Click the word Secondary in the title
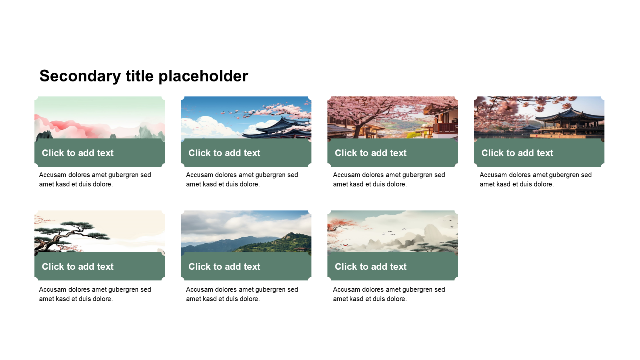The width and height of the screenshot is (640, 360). point(80,76)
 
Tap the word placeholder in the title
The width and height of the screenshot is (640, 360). point(203,76)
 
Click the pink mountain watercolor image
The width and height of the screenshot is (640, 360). point(100,117)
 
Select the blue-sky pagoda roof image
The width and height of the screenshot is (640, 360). point(246,117)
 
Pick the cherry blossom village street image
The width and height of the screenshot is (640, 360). point(393,117)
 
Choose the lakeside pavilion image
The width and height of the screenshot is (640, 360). point(539,117)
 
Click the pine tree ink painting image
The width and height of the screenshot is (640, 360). point(100,231)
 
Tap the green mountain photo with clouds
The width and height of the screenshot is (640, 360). point(246,231)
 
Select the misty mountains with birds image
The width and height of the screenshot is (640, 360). point(393,231)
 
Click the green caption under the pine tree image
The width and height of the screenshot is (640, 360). point(100,266)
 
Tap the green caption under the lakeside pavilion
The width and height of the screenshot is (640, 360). point(539,153)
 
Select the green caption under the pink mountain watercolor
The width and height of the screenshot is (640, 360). point(100,153)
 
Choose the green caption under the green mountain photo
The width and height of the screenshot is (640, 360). point(246,266)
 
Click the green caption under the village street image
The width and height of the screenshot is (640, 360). point(393,153)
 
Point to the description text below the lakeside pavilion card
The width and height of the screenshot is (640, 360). point(535,179)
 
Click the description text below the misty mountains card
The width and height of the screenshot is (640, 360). point(389,294)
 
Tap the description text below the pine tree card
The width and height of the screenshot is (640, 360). point(95,294)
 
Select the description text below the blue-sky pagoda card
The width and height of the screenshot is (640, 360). point(242,179)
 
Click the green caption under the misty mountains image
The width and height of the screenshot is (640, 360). point(393,266)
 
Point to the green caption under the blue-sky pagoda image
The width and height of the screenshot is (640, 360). point(246,153)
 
